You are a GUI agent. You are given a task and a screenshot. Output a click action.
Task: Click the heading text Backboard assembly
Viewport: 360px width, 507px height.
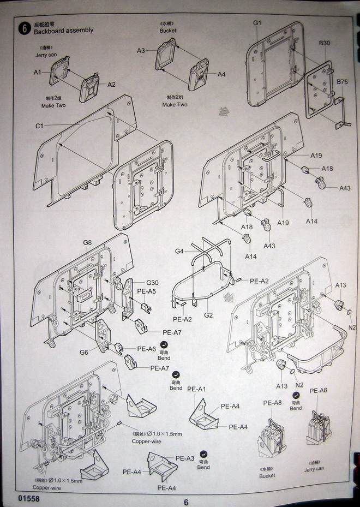[x=64, y=31]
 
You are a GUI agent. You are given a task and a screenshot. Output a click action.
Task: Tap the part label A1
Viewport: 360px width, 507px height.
[x=38, y=72]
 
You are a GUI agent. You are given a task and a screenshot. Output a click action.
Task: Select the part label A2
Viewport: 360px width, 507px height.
[x=111, y=85]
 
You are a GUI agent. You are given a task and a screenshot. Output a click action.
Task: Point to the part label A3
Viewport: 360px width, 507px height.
[x=141, y=51]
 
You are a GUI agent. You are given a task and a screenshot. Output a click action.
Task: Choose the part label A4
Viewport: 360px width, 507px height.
[x=221, y=75]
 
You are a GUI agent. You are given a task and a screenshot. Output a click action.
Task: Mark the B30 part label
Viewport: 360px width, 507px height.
[x=325, y=43]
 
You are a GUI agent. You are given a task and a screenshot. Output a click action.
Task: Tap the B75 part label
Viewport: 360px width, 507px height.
[x=342, y=82]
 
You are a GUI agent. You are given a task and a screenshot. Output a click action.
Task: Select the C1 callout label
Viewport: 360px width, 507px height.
[x=40, y=126]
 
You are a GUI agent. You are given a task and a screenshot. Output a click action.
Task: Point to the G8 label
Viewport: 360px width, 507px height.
[x=87, y=242]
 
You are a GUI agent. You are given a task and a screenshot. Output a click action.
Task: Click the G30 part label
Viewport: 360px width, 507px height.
[x=152, y=283]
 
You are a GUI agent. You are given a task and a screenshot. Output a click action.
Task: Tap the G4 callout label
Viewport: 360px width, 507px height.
[x=179, y=251]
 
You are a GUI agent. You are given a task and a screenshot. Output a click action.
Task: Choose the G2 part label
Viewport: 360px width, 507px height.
[x=209, y=315]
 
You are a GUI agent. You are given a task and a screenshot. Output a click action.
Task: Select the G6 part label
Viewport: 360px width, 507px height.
[x=84, y=352]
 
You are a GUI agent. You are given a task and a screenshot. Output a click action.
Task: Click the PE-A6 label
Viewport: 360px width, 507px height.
[x=147, y=349]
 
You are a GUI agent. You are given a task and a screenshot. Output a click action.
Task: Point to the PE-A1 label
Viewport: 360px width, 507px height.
[x=196, y=389]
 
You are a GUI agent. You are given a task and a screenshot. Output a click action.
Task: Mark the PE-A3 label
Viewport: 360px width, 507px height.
[x=185, y=458]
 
